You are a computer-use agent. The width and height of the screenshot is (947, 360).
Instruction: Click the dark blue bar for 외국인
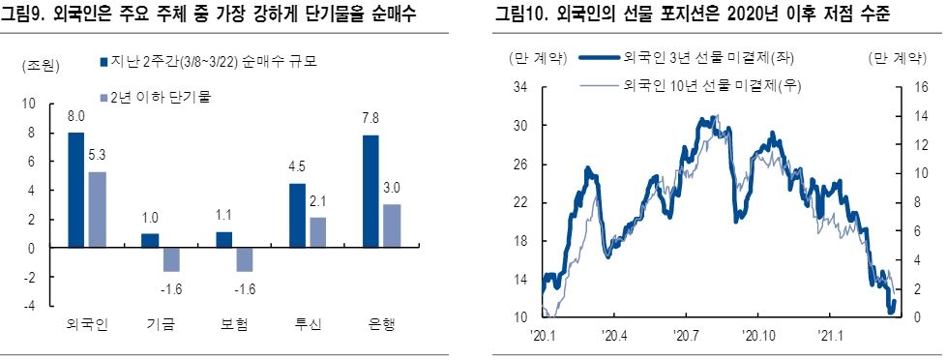[75, 190]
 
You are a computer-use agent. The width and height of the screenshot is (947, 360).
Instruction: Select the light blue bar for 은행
[393, 225]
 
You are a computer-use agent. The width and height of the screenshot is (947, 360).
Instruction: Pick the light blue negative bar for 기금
[171, 259]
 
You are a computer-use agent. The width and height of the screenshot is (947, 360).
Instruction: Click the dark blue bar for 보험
[224, 240]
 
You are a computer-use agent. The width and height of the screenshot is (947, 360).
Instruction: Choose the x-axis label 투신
[308, 323]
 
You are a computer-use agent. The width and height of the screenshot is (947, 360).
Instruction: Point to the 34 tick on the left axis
[519, 87]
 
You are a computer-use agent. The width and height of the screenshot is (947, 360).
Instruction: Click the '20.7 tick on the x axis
[687, 336]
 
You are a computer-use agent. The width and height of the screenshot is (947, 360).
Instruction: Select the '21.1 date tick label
[832, 336]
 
